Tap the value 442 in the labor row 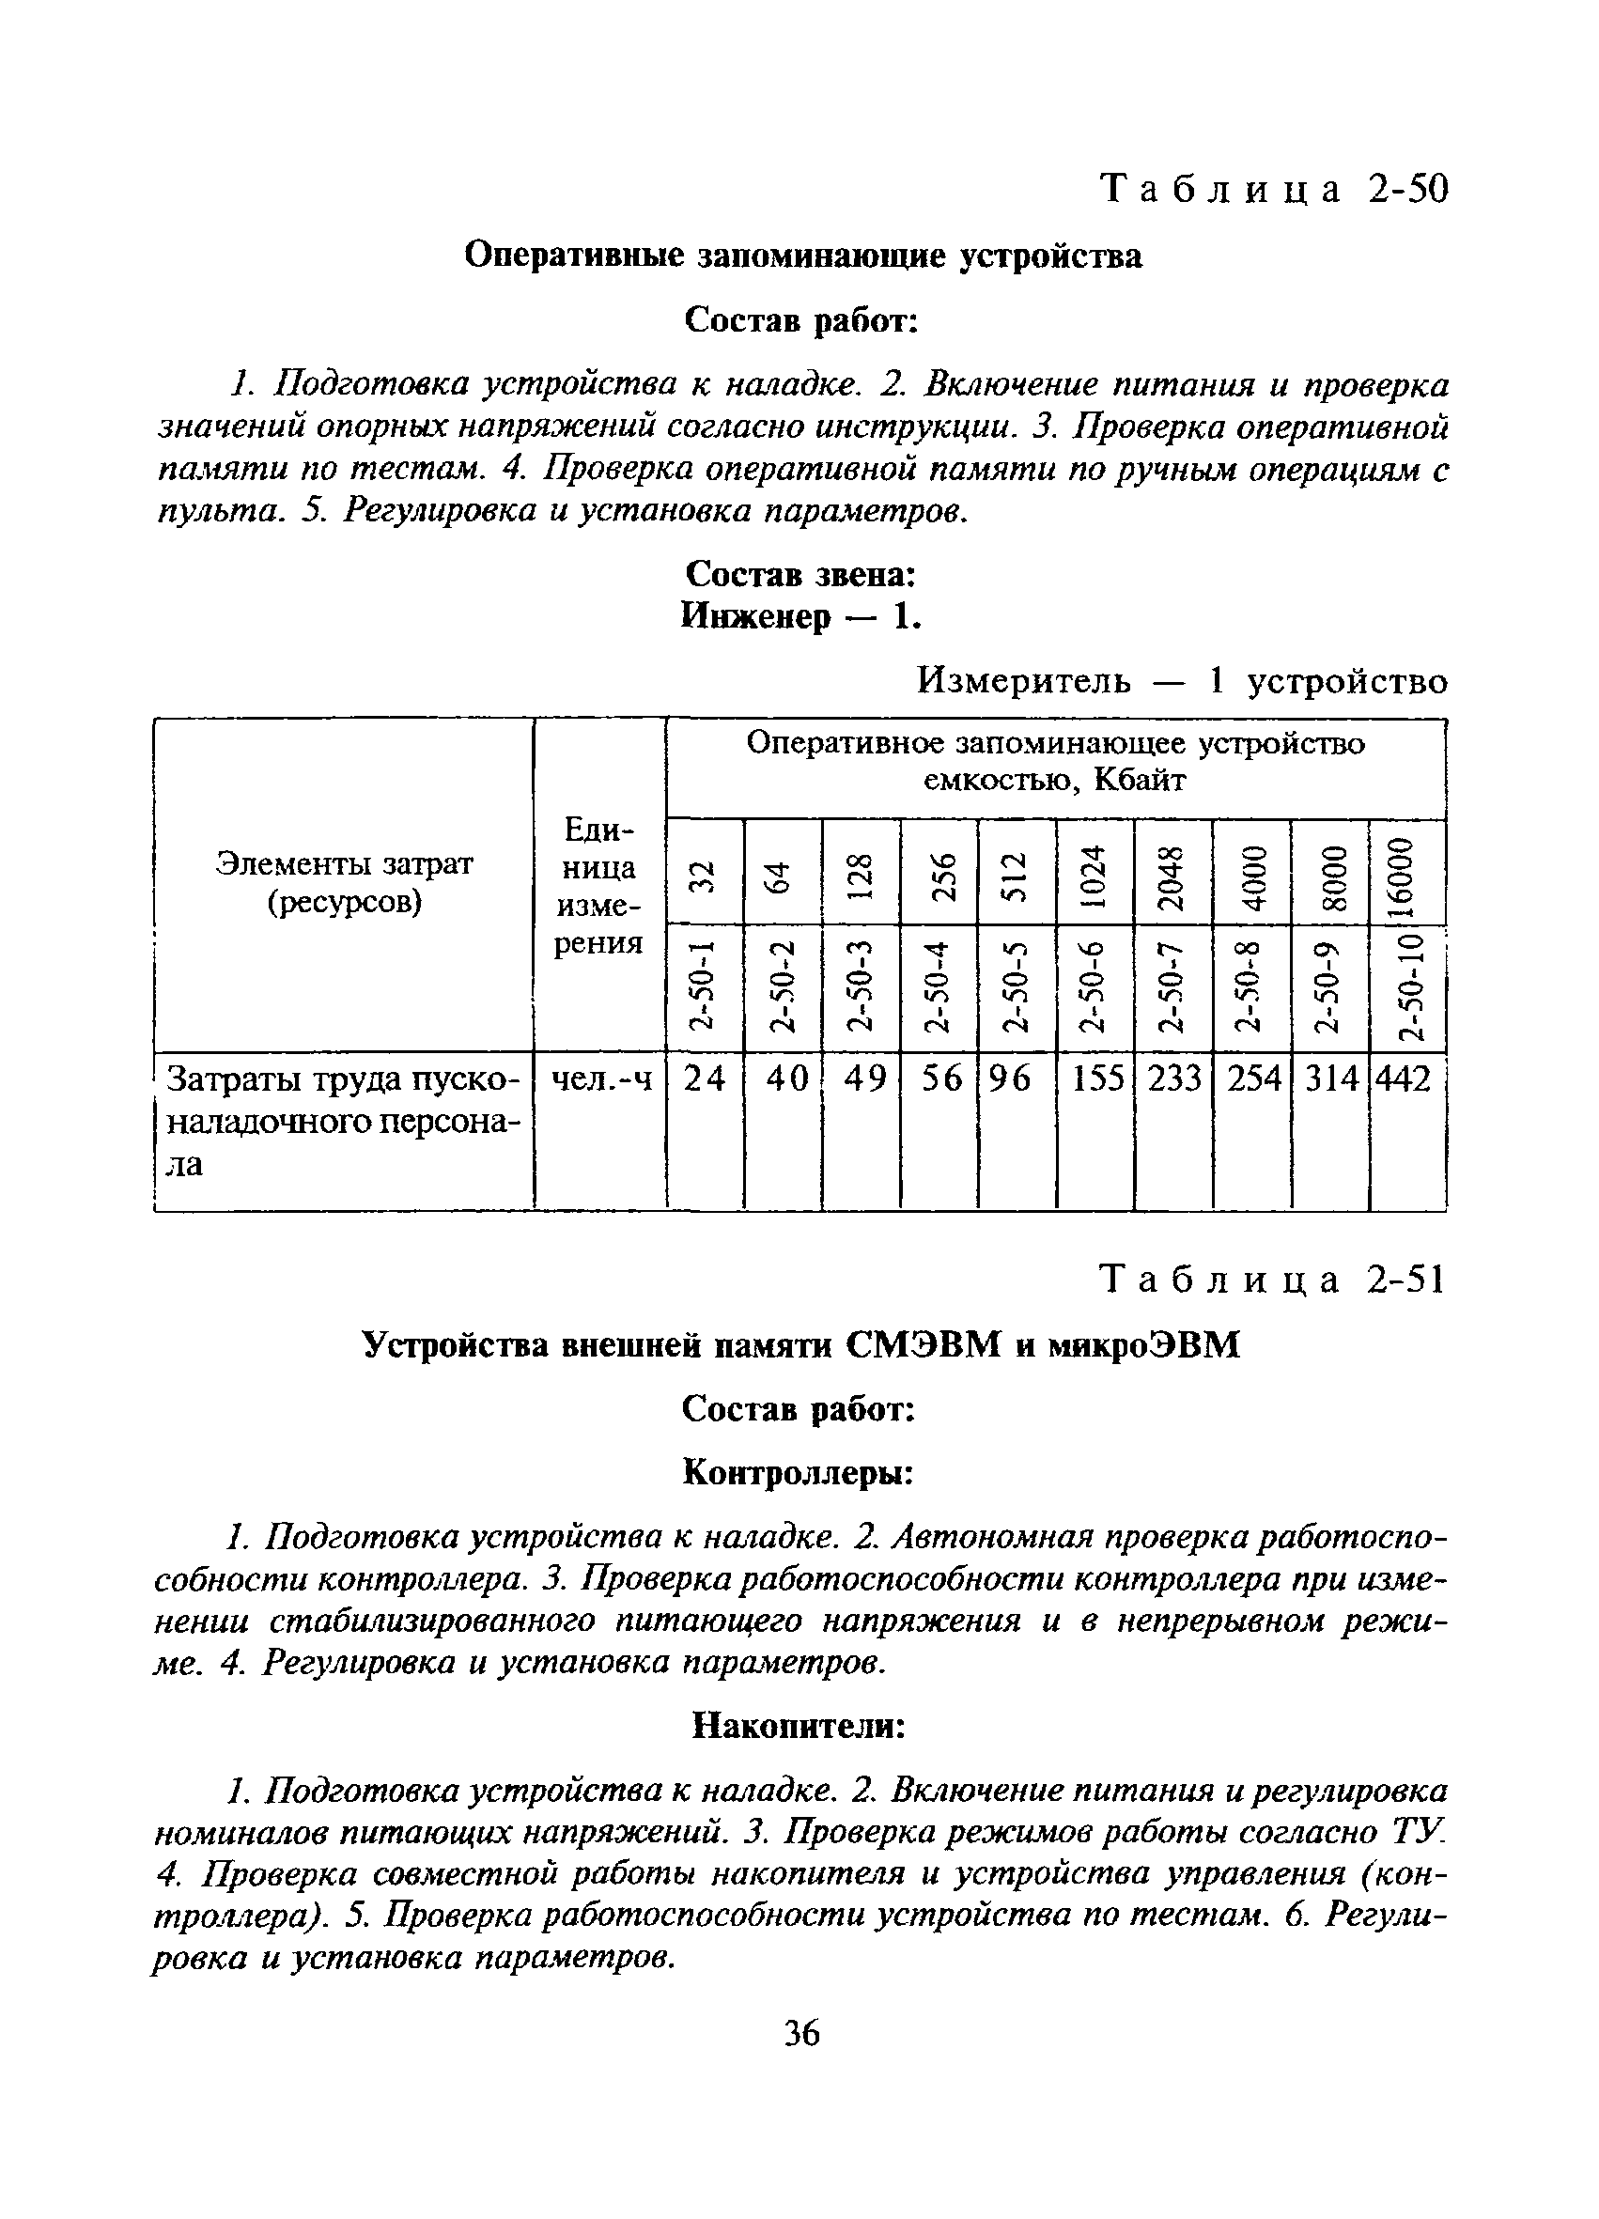(x=1405, y=1078)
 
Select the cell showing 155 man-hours (x=1097, y=1078)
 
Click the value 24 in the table (x=705, y=1078)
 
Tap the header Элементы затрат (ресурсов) (x=345, y=882)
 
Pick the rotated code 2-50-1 (x=703, y=988)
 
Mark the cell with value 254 (x=1253, y=1078)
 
